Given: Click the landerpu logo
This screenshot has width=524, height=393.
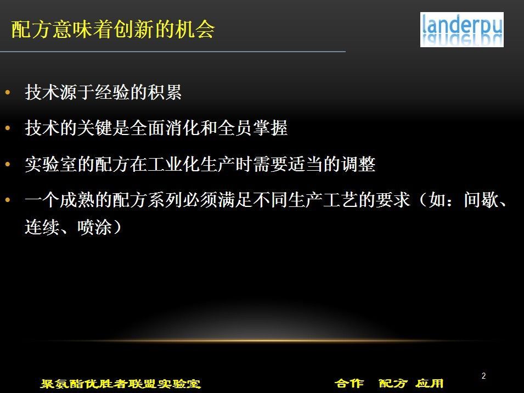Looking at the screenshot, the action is click(x=461, y=30).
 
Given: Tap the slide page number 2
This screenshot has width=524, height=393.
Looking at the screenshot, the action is click(x=483, y=375).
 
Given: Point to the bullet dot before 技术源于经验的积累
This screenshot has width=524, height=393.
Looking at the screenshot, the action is click(x=8, y=92).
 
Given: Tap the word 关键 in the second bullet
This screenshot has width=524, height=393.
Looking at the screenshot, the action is click(x=94, y=128).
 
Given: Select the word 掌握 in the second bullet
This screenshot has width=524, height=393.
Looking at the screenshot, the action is click(x=270, y=128).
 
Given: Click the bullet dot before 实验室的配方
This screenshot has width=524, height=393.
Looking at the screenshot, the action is click(x=8, y=164).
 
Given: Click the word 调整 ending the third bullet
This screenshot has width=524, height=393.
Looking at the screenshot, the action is click(x=358, y=164).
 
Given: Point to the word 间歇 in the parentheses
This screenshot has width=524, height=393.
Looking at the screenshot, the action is click(x=481, y=200).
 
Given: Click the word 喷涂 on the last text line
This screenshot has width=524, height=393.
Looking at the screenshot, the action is click(x=94, y=227).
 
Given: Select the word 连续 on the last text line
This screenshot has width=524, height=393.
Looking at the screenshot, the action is click(x=42, y=227).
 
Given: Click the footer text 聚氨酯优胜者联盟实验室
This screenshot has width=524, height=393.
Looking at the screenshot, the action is click(x=121, y=383).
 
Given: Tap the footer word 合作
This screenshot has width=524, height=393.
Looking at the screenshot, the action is click(x=349, y=383).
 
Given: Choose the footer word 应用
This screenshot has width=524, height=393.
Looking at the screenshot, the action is click(x=430, y=383).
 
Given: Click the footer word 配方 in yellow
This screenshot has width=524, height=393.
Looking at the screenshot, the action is click(x=393, y=383).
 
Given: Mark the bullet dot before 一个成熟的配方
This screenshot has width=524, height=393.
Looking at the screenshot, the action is click(x=8, y=200).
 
